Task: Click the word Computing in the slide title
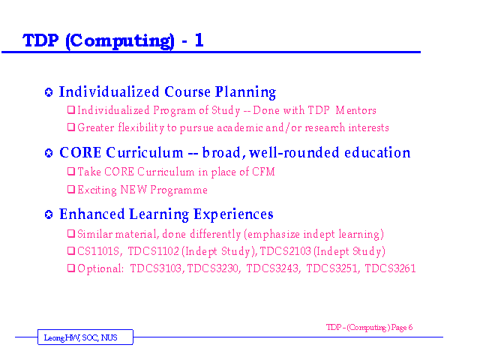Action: pos(120,41)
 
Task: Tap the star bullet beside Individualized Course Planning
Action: pos(49,92)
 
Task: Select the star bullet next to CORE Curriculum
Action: pos(49,153)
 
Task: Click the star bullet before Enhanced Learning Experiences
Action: pos(49,214)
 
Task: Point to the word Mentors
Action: pos(355,110)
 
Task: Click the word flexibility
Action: pos(141,127)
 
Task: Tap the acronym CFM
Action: pos(263,172)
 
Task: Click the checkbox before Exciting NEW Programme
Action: pos(71,190)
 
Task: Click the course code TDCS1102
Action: pos(153,251)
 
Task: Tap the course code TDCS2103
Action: pos(285,251)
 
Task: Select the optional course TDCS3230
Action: pos(213,268)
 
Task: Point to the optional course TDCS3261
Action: pos(390,268)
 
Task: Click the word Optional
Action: pos(100,268)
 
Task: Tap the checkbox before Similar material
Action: pos(71,233)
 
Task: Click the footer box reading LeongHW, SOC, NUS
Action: pos(85,337)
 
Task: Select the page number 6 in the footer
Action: pos(410,327)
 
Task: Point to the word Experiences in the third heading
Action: pos(233,215)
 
